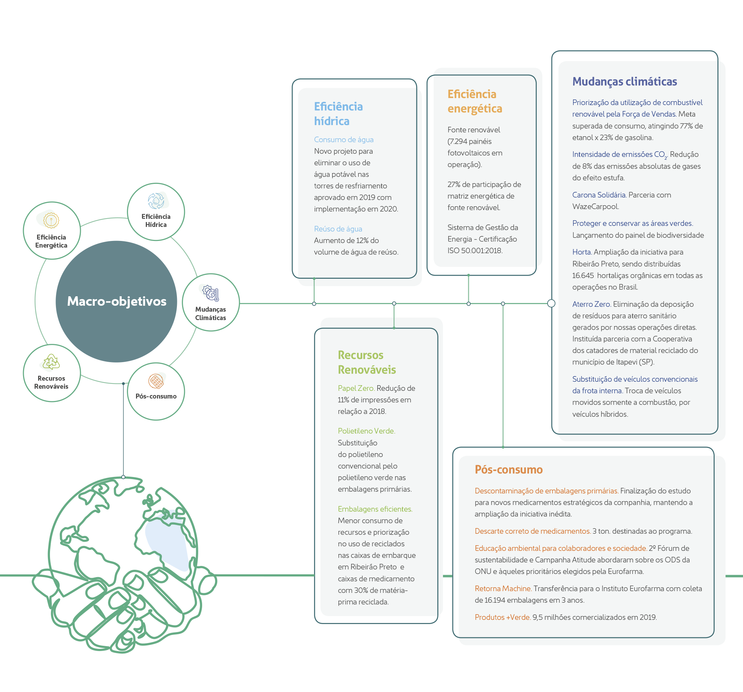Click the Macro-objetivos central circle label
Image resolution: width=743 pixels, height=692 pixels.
[117, 301]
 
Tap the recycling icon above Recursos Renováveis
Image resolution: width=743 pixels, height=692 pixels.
[51, 362]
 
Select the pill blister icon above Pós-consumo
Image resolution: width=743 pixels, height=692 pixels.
[156, 381]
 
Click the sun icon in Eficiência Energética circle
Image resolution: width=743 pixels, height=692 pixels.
[51, 220]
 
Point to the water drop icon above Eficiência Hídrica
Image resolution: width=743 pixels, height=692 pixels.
[156, 201]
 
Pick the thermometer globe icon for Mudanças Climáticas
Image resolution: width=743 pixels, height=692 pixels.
[211, 293]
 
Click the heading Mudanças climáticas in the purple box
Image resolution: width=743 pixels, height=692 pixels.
[624, 82]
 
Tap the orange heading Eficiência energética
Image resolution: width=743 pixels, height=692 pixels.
[475, 101]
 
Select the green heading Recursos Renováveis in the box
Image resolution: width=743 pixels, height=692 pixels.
[366, 362]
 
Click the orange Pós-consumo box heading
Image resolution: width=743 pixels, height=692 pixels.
[508, 469]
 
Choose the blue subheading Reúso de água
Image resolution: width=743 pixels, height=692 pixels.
[338, 229]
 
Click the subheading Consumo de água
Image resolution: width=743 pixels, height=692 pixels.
[343, 140]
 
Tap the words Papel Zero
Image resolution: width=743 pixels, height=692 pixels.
[356, 388]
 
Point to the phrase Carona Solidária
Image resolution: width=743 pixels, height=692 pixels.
[599, 195]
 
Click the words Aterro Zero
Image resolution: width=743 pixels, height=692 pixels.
[591, 304]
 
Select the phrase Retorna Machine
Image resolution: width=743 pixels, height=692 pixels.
[503, 588]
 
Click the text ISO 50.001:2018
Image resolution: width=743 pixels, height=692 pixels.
[475, 250]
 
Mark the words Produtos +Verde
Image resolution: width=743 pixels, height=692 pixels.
[502, 617]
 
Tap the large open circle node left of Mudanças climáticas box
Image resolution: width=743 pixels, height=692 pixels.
[551, 304]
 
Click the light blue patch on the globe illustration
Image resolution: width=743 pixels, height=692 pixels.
[168, 539]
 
